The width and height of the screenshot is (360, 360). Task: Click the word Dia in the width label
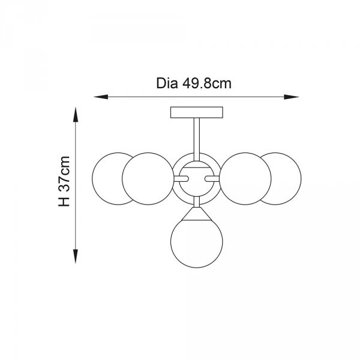(167, 83)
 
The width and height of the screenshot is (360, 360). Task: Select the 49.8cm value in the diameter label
(207, 83)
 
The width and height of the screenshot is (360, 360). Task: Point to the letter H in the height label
(64, 202)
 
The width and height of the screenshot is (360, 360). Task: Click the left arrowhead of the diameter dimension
(101, 97)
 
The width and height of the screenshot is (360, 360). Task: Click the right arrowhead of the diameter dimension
(292, 97)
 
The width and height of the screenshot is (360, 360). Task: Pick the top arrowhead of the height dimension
(76, 115)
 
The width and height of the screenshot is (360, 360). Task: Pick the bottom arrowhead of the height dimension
(76, 256)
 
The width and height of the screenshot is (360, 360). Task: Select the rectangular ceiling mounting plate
(197, 112)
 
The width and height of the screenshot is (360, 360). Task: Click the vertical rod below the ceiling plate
(197, 139)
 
